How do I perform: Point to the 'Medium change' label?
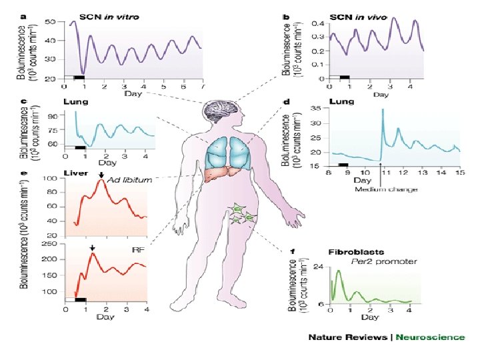387,189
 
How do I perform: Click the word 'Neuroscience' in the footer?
429,337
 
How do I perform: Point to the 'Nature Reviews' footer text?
347,337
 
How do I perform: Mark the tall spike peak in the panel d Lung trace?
383,110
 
